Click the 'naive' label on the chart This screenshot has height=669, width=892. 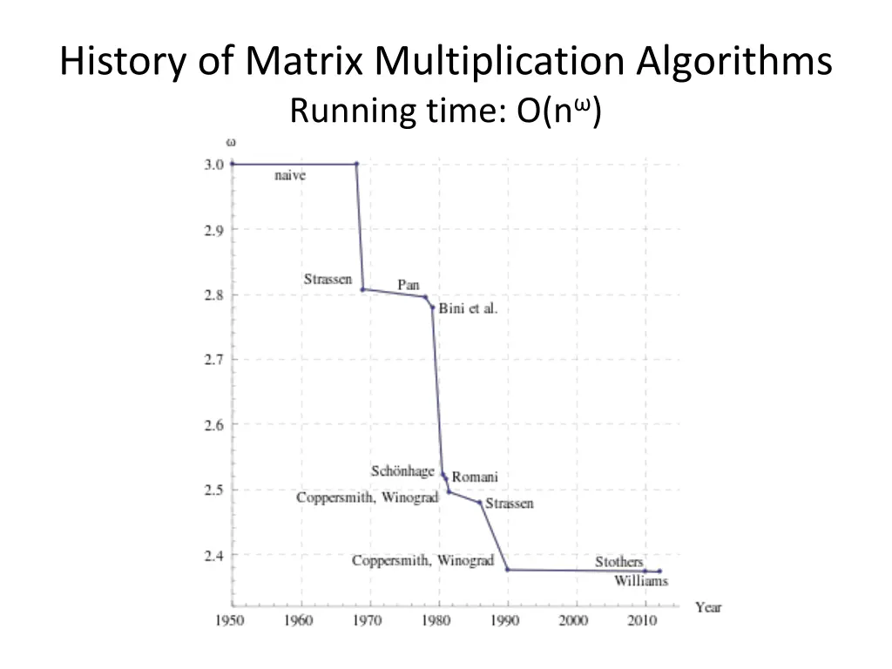tap(290, 175)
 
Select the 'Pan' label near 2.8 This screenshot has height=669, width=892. tap(409, 285)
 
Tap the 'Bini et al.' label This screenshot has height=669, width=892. tap(468, 309)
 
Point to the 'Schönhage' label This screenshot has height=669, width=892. tap(402, 471)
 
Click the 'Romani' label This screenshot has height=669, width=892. tap(475, 477)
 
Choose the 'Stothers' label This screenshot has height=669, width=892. tap(618, 562)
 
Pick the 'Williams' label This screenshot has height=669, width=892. tap(640, 581)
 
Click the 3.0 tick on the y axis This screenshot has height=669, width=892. tap(214, 164)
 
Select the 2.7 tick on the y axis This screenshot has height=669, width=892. tap(214, 359)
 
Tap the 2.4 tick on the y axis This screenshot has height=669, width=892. tap(214, 555)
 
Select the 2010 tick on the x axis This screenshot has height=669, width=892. tap(642, 620)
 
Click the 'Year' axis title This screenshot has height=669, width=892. tap(708, 607)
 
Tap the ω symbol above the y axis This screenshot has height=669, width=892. tap(232, 142)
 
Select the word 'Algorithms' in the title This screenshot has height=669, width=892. tap(733, 63)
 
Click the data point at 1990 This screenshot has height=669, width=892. tap(507, 570)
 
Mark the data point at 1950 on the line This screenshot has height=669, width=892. tap(233, 164)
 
